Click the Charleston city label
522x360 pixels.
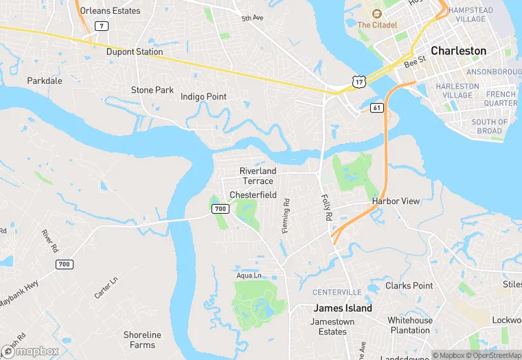[x=458, y=51]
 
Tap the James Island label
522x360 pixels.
[x=343, y=308]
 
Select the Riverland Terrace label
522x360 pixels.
[x=258, y=176]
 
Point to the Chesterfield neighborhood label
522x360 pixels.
[x=253, y=195]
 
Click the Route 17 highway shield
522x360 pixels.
[x=357, y=82]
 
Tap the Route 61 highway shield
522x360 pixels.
[x=376, y=108]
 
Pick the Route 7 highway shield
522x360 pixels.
[x=101, y=26]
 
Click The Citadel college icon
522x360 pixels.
[x=376, y=14]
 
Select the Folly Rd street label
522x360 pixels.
[x=326, y=207]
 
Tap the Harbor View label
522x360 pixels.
[x=396, y=201]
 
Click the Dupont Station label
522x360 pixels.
[x=135, y=52]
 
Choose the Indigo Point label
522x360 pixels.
[x=203, y=97]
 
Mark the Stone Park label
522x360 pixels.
[x=152, y=90]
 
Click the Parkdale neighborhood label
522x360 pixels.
[x=45, y=80]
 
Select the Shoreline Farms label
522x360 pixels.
[x=142, y=339]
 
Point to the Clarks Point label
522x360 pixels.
[x=409, y=286]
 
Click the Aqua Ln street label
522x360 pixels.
[x=249, y=275]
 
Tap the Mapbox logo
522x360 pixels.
[x=31, y=351]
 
